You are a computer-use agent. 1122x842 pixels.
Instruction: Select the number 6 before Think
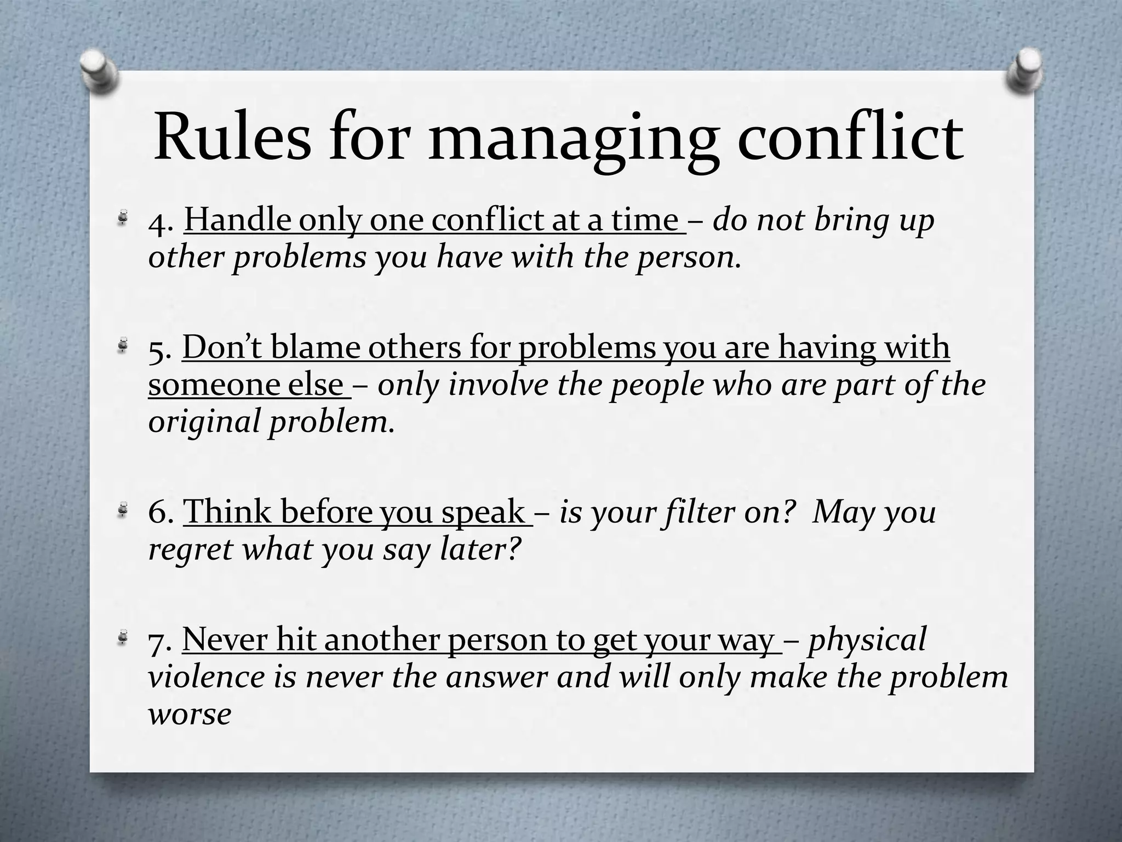[x=158, y=513]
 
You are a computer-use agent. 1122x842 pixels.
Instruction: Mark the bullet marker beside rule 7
[x=125, y=637]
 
